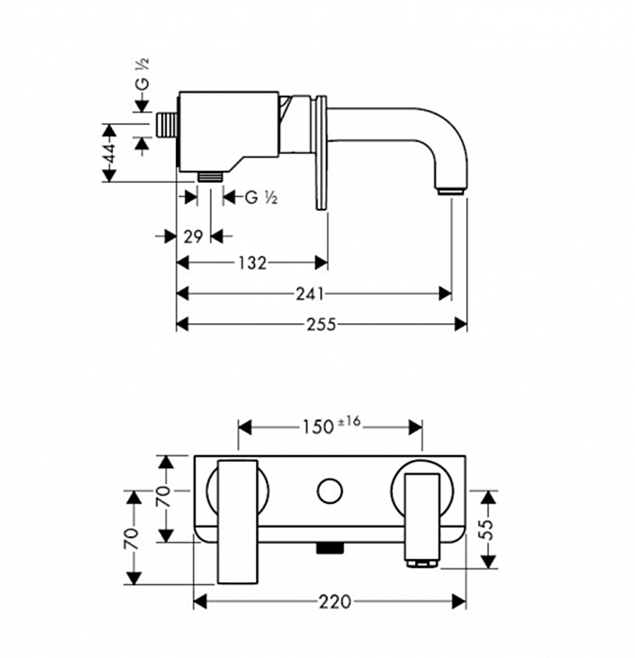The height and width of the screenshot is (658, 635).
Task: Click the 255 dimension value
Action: pyautogui.click(x=321, y=324)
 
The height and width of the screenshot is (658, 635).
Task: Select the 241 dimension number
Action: pyautogui.click(x=310, y=293)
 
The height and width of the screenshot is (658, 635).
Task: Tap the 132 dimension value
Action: pyautogui.click(x=252, y=262)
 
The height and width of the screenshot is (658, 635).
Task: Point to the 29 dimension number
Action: pyautogui.click(x=193, y=236)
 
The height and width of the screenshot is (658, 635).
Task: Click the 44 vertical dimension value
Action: pyautogui.click(x=109, y=154)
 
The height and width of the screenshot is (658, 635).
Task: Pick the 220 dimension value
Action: pyautogui.click(x=334, y=602)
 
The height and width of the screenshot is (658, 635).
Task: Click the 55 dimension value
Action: pyautogui.click(x=488, y=529)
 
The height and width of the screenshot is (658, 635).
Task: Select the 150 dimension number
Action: pyautogui.click(x=318, y=426)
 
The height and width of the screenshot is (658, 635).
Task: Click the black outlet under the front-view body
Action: pyautogui.click(x=330, y=548)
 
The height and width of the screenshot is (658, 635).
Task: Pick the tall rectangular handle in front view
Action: pyautogui.click(x=238, y=521)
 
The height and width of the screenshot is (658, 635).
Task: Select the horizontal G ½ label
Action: pyautogui.click(x=261, y=197)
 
